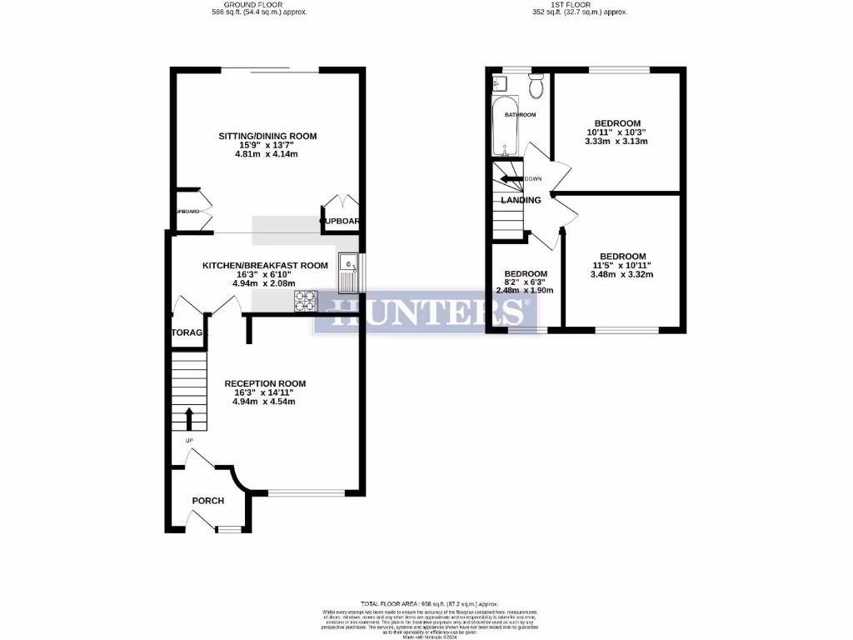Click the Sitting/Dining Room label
[x=267, y=136]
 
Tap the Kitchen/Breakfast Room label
[x=265, y=265]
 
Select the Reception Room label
[x=265, y=383]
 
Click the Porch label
[x=208, y=501]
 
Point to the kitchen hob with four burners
[x=305, y=300]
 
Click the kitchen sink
[x=347, y=272]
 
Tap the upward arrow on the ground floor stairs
[x=189, y=417]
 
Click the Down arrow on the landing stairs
[x=508, y=178]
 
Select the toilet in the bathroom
[x=536, y=84]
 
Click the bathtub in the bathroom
[x=505, y=127]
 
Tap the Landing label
[x=521, y=200]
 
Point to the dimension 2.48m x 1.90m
[x=525, y=291]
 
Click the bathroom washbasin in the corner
[x=500, y=83]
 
